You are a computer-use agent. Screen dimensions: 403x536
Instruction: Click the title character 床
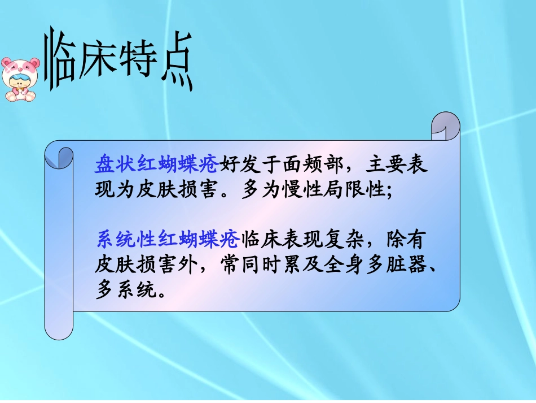(97, 57)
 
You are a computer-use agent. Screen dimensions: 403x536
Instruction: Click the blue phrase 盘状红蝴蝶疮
(156, 165)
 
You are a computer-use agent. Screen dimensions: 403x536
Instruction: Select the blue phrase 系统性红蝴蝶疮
(168, 240)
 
